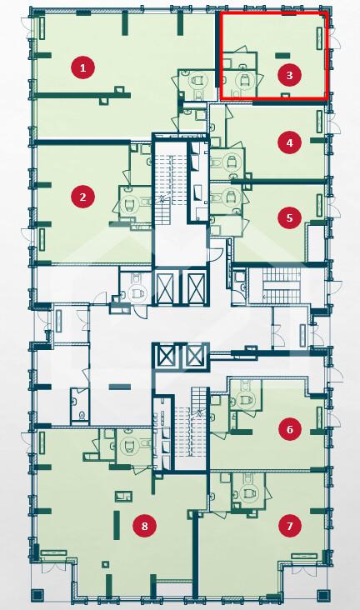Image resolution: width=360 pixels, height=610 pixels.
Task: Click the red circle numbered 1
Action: click(x=82, y=68)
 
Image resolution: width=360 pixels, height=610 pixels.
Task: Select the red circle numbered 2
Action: click(x=82, y=197)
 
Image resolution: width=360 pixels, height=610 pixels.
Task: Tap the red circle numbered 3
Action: click(x=289, y=75)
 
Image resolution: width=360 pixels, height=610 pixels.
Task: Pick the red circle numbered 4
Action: click(x=289, y=142)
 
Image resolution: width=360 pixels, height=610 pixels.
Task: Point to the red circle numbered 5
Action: click(x=289, y=217)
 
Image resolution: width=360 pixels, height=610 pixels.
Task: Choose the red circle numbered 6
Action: click(x=290, y=429)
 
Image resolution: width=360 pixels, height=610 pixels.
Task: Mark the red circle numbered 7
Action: click(x=290, y=526)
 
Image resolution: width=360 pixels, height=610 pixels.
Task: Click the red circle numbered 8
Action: click(x=145, y=526)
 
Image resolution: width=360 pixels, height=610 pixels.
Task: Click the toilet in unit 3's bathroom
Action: click(x=244, y=82)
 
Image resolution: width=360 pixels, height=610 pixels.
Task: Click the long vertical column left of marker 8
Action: click(x=117, y=525)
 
